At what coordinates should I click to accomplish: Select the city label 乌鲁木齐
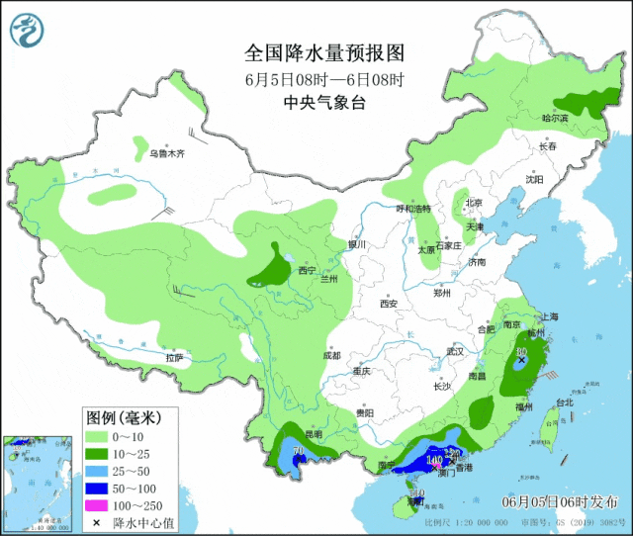pos(167,154)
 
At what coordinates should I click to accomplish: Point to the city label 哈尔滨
pos(555,118)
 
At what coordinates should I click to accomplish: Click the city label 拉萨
pos(175,357)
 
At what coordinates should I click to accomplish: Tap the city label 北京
pos(473,204)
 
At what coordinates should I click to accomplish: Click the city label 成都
pos(330,355)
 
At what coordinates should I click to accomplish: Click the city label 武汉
pos(455,351)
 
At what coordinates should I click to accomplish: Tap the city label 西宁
pos(305,270)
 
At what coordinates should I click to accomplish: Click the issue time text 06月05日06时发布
pos(561,502)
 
